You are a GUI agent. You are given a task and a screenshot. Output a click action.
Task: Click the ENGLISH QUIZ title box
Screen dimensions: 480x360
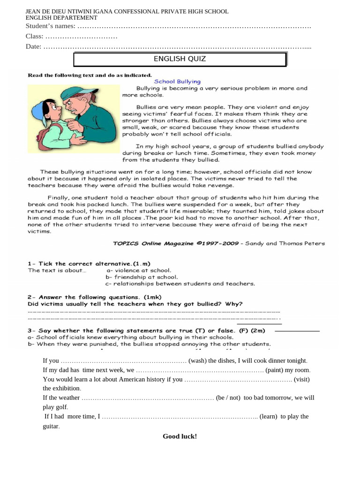(x=180, y=59)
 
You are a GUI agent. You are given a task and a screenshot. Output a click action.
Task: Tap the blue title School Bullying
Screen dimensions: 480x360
(x=177, y=82)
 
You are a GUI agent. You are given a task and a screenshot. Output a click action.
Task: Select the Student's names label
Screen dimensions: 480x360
(x=51, y=26)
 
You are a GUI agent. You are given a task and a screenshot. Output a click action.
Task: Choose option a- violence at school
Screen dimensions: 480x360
(x=139, y=270)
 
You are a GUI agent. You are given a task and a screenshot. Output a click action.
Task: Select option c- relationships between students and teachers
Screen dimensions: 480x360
(x=180, y=284)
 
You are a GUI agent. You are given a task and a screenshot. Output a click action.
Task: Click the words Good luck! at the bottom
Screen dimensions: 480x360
(x=180, y=436)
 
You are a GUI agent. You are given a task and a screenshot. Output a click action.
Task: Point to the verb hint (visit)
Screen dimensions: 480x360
(x=302, y=379)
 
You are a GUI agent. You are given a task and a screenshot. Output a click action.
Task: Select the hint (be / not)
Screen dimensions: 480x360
(x=228, y=397)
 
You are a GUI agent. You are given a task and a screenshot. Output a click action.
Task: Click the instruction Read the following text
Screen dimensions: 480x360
(x=90, y=75)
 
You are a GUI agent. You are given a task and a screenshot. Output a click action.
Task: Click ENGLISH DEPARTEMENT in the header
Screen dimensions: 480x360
(x=61, y=18)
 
